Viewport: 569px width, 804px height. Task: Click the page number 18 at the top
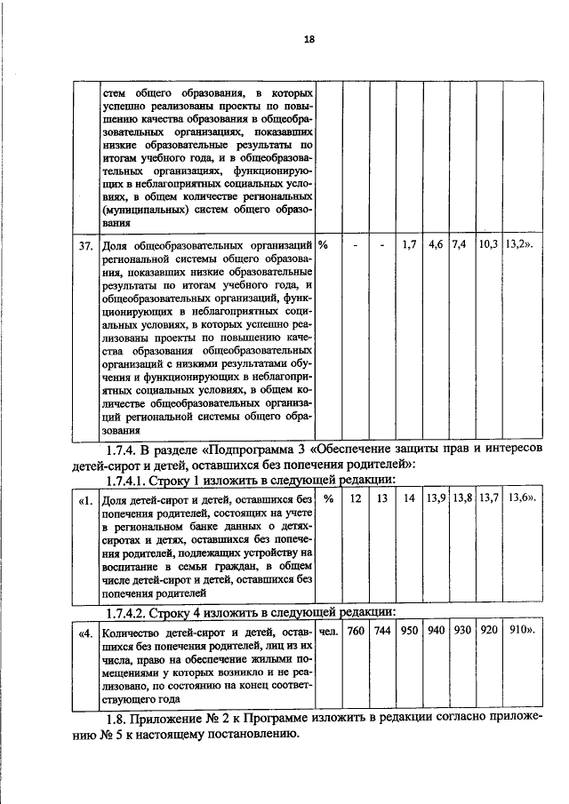284,39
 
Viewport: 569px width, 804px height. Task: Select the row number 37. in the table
84,244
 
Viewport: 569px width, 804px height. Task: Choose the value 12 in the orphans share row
356,499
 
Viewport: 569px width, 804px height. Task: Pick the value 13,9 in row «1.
436,499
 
